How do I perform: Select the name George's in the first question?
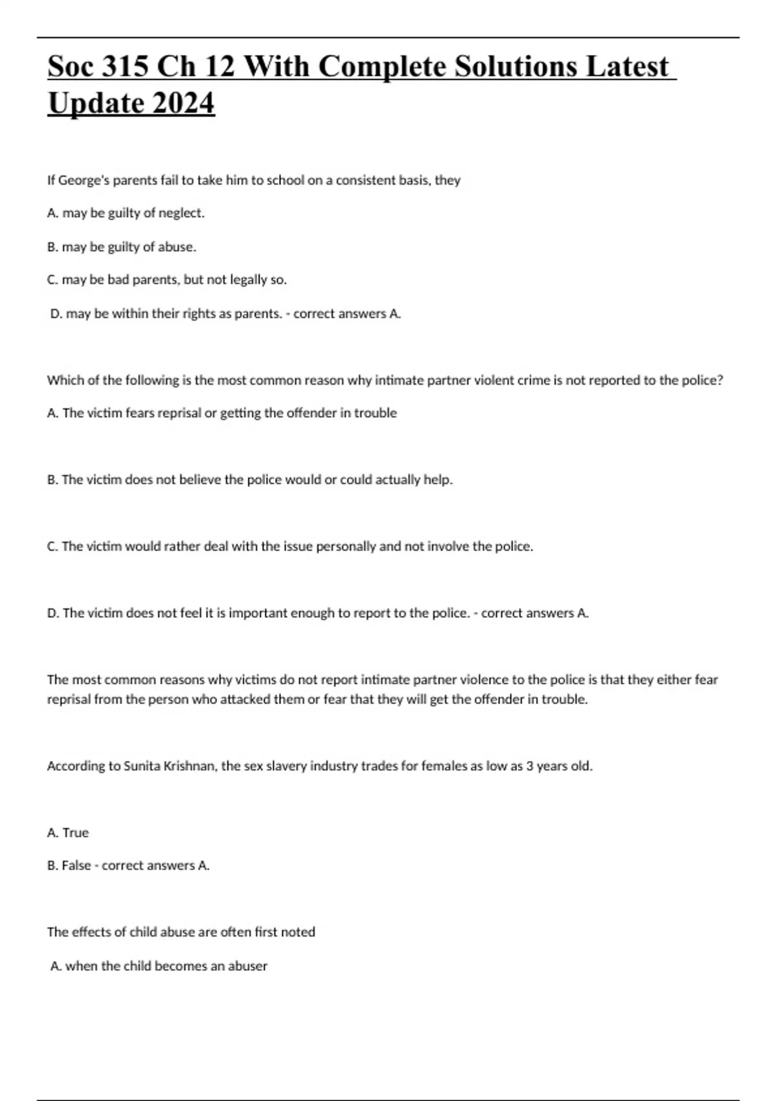point(84,180)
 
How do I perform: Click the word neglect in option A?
point(181,213)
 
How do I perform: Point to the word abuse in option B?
point(177,247)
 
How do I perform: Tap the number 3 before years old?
point(529,766)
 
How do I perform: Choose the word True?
point(76,833)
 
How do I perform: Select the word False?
point(76,866)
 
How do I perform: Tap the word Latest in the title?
point(627,67)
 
